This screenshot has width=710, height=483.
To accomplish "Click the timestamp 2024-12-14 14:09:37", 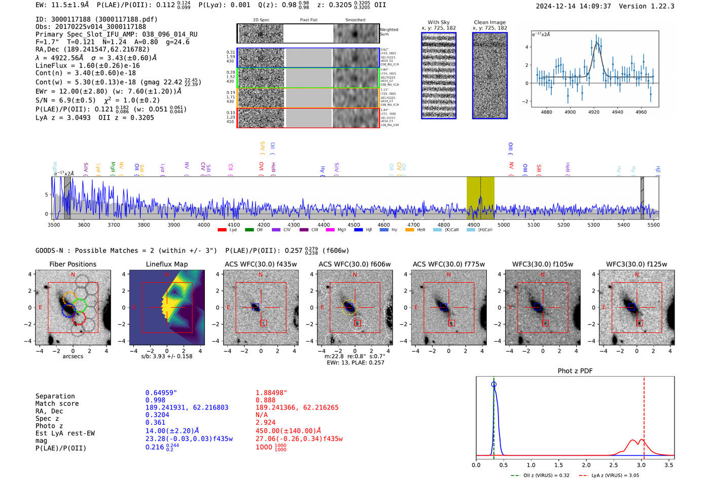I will [x=573, y=6].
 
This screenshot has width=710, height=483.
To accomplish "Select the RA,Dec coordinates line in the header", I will [x=92, y=49].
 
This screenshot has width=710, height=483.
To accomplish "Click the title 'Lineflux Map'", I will [x=166, y=264].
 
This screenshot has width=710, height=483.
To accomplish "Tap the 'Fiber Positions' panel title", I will [x=73, y=264].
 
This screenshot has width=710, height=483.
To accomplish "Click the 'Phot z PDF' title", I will [x=575, y=370].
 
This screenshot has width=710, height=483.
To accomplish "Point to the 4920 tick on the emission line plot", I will [x=593, y=112].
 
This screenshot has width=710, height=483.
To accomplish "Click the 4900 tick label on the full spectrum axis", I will [x=473, y=225].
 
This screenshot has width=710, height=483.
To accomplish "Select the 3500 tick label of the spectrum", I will [x=54, y=225].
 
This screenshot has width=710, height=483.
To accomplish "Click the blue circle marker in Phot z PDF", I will [x=493, y=384].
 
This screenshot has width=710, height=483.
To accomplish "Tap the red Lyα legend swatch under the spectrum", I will [x=222, y=230].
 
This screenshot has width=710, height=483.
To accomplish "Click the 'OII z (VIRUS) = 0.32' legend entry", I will [x=540, y=475].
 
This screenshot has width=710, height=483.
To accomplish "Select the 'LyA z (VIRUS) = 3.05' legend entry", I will [x=609, y=475].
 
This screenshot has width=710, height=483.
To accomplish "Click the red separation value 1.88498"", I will [x=271, y=393].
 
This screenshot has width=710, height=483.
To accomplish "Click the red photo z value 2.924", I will [x=265, y=422].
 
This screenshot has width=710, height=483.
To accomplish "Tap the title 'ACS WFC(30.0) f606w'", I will [x=354, y=264].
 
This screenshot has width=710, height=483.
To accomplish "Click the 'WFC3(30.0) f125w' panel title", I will [x=636, y=264].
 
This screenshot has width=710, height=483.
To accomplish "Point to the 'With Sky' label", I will [x=438, y=22].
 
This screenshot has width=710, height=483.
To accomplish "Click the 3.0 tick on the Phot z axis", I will [x=641, y=464].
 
